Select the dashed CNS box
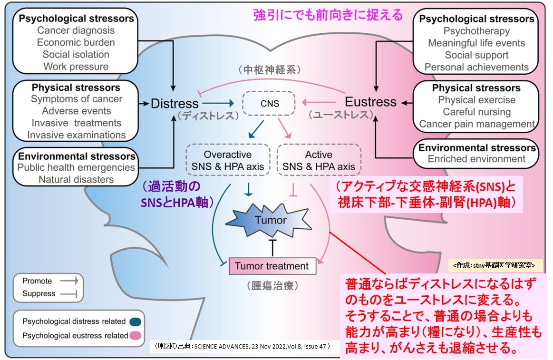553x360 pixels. coord(269,103)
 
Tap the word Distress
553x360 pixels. coord(175,103)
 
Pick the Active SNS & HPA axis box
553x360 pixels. coord(318,161)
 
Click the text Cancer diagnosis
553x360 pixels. coord(76,30)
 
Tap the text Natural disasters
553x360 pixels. coord(76,179)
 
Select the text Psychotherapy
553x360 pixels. coord(476,31)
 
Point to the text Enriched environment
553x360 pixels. coord(476,159)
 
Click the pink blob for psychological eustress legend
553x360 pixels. coord(136,335)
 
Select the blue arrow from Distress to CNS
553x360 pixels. coord(219,103)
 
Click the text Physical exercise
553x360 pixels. coord(476,100)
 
